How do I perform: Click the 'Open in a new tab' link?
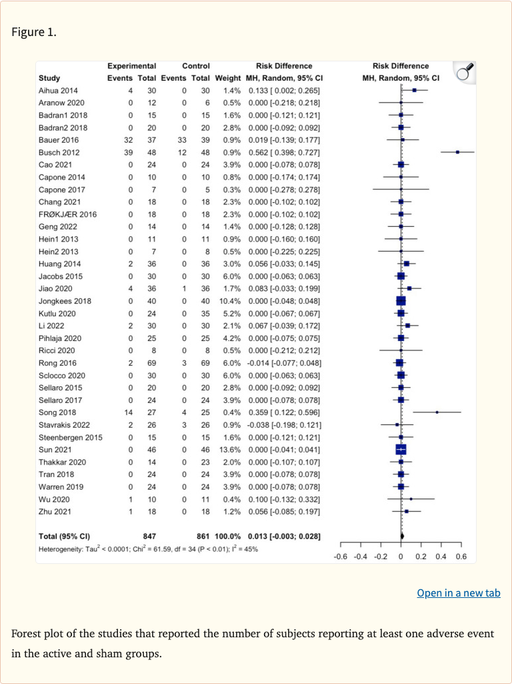click(x=458, y=593)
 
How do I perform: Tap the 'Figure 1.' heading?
click(x=34, y=31)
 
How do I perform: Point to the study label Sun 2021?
click(x=54, y=449)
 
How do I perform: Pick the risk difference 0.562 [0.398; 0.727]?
click(x=284, y=151)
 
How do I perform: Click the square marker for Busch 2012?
click(x=457, y=151)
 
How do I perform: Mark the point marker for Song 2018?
click(x=437, y=412)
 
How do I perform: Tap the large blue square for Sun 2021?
click(x=401, y=449)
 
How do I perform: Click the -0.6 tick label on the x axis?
click(x=340, y=556)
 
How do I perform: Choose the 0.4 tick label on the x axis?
click(x=441, y=556)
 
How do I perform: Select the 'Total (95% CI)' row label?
click(x=65, y=536)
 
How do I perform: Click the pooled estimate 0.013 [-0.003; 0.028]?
click(x=284, y=536)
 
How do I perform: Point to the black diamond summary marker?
click(x=402, y=536)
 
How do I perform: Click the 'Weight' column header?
click(x=227, y=78)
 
